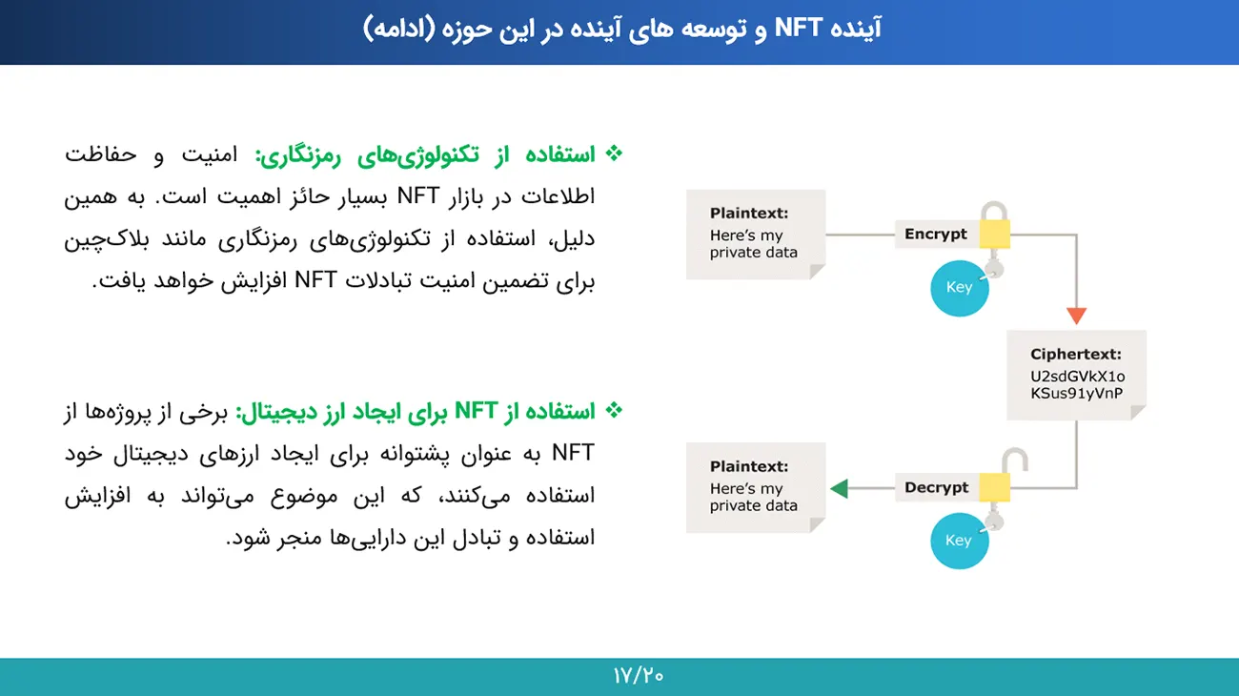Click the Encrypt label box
coord(937,234)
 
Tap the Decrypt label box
coord(937,487)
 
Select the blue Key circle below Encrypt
coord(959,288)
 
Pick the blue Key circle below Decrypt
coord(959,542)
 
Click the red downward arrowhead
coord(1076,316)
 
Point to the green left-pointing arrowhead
coord(839,488)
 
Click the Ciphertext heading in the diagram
coord(1076,354)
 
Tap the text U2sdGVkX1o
coord(1078,377)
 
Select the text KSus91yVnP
coord(1076,394)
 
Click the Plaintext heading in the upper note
coord(749,213)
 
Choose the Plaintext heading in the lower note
coord(749,466)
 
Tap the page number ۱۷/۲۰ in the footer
coord(639,676)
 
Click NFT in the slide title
coord(798,28)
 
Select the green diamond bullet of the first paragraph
coord(614,154)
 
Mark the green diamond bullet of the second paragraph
coord(614,411)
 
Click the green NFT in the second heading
coord(477,411)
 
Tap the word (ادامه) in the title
coord(399,29)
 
